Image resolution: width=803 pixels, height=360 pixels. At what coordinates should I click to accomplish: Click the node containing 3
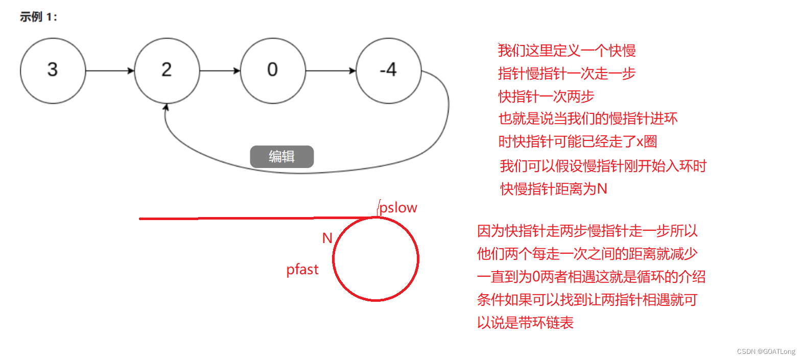[x=53, y=70]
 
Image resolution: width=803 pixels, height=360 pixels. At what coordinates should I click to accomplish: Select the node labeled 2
[x=167, y=70]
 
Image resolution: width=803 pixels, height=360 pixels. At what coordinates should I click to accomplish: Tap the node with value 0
[x=273, y=70]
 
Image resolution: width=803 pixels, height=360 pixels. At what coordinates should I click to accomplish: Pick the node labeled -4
[x=388, y=70]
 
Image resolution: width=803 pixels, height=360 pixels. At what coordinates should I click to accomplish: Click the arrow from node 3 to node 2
[x=110, y=70]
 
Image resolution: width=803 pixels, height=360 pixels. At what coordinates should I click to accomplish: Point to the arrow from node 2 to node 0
[x=220, y=70]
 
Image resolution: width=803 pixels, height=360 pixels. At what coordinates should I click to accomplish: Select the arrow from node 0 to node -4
[x=330, y=70]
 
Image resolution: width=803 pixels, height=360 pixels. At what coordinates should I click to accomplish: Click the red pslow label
[x=398, y=208]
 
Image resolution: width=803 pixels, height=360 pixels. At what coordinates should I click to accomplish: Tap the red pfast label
[x=302, y=270]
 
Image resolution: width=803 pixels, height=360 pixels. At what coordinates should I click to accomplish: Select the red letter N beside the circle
[x=327, y=238]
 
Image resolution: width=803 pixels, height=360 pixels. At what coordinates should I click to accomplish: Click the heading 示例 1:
[x=38, y=17]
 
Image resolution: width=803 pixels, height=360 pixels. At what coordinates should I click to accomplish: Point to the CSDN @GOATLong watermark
[x=766, y=351]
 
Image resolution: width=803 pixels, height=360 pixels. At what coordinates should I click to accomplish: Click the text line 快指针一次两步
[x=546, y=96]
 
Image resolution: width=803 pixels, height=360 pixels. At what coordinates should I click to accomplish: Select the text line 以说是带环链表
[x=525, y=323]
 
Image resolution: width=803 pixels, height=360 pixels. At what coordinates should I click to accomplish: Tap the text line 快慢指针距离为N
[x=554, y=189]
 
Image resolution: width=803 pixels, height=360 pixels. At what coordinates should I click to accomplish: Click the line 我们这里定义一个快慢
[x=566, y=51]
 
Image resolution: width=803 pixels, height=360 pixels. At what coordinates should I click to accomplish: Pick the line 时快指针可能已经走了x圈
[x=578, y=141]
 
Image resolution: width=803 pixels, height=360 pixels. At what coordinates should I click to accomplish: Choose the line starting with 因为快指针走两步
[x=587, y=231]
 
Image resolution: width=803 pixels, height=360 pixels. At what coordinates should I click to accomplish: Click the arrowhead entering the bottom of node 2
[x=166, y=107]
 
